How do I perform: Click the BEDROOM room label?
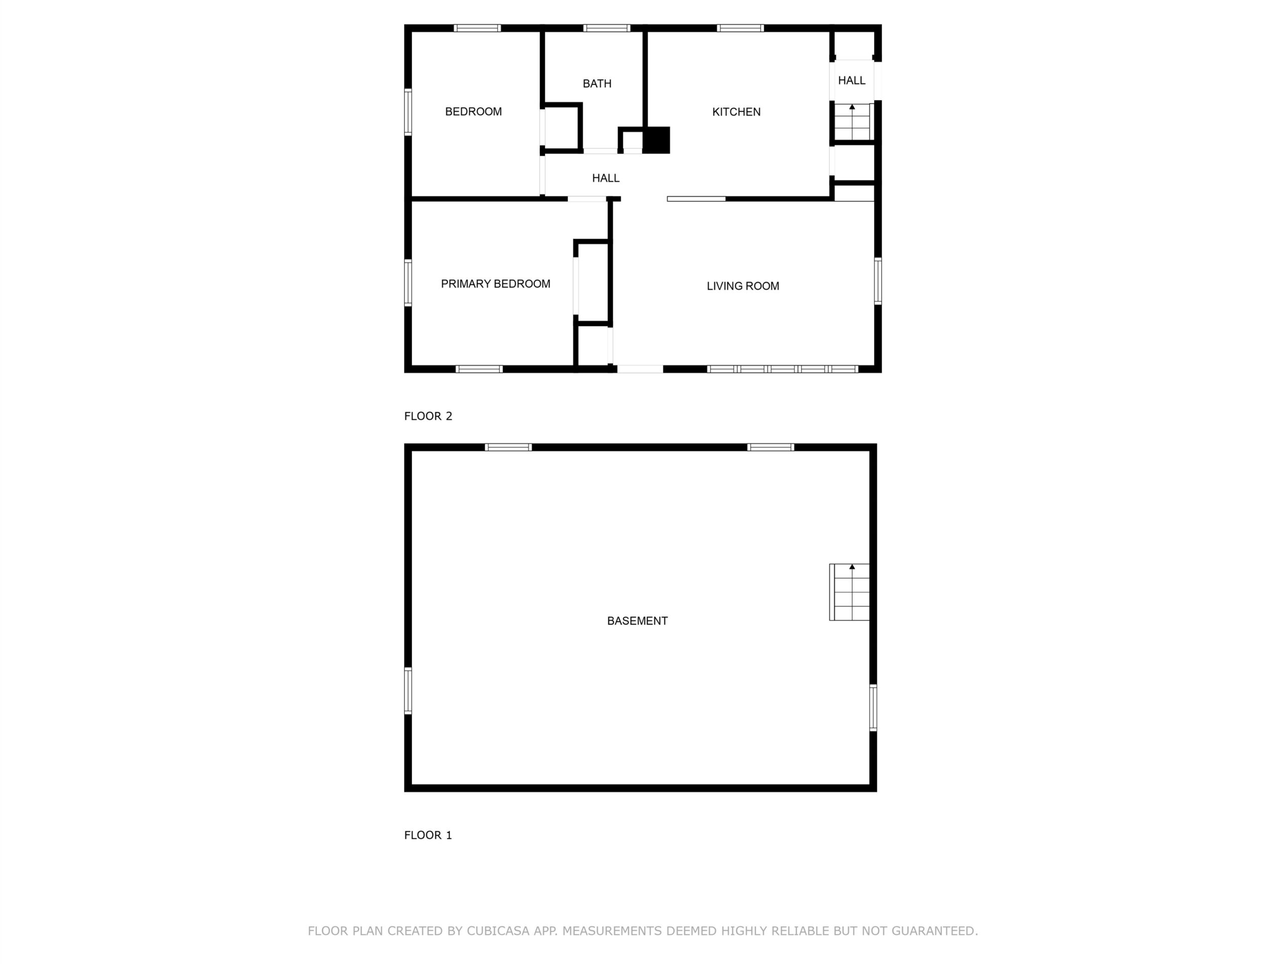[473, 111]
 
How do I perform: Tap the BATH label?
[597, 84]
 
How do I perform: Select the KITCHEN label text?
[736, 112]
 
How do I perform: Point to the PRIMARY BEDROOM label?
[495, 284]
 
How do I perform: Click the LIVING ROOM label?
[743, 286]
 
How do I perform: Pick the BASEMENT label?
[637, 621]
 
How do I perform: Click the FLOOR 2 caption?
[428, 416]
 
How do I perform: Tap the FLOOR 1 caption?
[428, 835]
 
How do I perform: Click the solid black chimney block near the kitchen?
[657, 140]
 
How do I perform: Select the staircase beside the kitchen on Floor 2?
[852, 122]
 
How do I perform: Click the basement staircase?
[849, 592]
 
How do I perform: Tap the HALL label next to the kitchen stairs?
[851, 81]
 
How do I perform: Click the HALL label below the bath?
[606, 178]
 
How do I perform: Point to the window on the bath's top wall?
[607, 28]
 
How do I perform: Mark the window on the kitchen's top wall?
[740, 28]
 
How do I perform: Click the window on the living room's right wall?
[878, 281]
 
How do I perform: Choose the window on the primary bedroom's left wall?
[408, 283]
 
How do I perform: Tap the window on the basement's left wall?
[408, 691]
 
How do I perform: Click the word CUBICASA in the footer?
[498, 931]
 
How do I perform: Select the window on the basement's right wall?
[873, 708]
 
